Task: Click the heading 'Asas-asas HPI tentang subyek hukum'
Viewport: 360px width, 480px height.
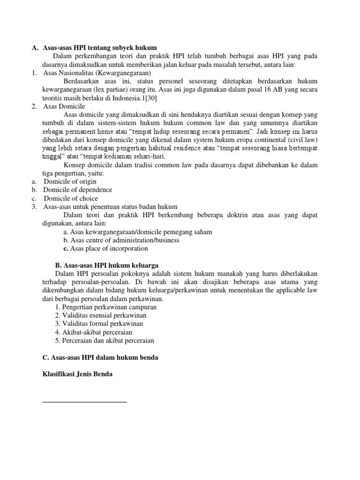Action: (99, 48)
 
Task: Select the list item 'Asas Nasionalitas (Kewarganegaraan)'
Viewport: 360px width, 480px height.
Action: (97, 73)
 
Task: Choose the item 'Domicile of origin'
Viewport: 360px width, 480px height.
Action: (70, 181)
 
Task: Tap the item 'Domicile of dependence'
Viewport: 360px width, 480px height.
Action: (78, 190)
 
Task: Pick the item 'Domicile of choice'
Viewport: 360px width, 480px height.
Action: (71, 198)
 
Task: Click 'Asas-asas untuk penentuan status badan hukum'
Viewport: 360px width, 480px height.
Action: (110, 207)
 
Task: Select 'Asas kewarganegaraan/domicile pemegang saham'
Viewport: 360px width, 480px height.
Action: (138, 232)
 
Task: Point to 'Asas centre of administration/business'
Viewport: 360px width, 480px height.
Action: (121, 240)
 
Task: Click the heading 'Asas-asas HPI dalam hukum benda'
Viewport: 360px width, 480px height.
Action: (100, 357)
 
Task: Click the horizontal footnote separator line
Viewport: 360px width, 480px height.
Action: (84, 402)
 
